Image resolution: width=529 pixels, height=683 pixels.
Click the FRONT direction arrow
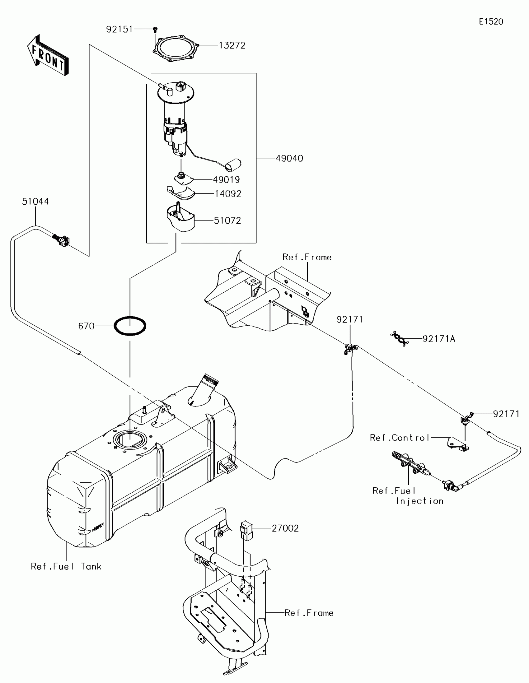point(48,55)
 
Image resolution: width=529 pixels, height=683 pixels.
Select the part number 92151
point(119,29)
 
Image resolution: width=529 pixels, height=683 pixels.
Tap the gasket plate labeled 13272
point(176,49)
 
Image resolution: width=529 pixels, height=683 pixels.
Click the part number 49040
point(289,158)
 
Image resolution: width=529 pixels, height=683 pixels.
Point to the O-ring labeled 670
point(130,326)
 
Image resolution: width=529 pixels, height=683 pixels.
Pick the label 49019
point(226,179)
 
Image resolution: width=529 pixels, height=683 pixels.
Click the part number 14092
point(228,194)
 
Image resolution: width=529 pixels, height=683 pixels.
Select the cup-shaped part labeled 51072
point(180,218)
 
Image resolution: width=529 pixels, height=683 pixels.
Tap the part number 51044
point(35,202)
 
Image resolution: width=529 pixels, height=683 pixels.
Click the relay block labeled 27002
point(246,530)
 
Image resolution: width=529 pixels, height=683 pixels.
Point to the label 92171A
point(438,339)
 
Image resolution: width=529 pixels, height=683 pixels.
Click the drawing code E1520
point(491,21)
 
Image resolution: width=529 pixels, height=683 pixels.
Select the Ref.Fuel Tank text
point(66,566)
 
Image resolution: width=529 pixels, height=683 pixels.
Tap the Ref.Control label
point(400,438)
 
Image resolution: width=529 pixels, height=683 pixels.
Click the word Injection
point(419,501)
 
